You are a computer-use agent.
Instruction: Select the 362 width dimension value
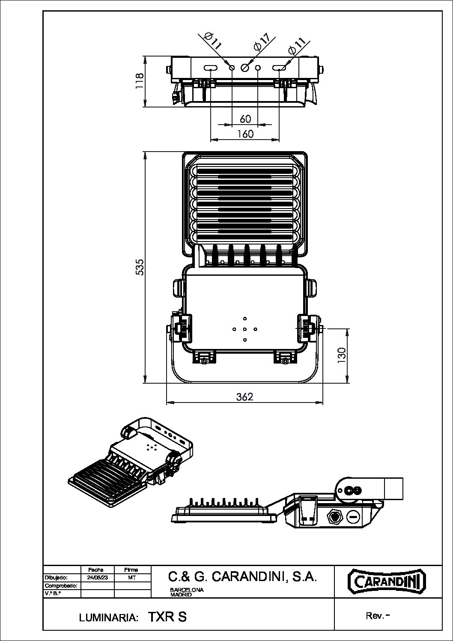pyautogui.click(x=244, y=397)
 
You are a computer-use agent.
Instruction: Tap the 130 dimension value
pyautogui.click(x=342, y=355)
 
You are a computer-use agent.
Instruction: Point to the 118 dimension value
pyautogui.click(x=140, y=81)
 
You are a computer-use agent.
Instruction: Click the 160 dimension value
pyautogui.click(x=245, y=134)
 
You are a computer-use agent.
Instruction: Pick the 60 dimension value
pyautogui.click(x=245, y=119)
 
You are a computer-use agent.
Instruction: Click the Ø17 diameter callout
pyautogui.click(x=261, y=42)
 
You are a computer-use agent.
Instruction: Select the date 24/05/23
pyautogui.click(x=98, y=578)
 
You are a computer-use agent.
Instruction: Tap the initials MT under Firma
pyautogui.click(x=131, y=578)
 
